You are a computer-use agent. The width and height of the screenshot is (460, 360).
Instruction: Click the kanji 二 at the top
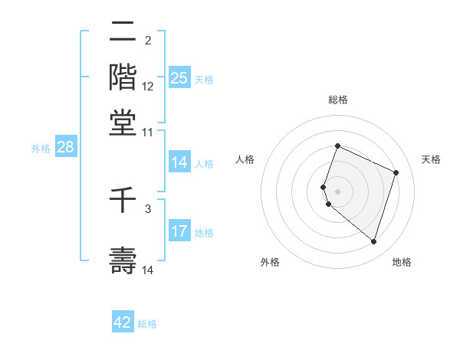pyautogui.click(x=123, y=33)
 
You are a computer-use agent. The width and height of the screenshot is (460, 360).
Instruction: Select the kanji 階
pyautogui.click(x=123, y=77)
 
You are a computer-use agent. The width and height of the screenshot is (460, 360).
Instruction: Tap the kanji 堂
pyautogui.click(x=123, y=122)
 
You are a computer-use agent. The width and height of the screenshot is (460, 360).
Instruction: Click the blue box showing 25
pyautogui.click(x=179, y=78)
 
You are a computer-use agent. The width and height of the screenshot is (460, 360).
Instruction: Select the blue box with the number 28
pyautogui.click(x=65, y=148)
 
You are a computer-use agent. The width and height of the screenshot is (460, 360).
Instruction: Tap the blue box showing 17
pyautogui.click(x=179, y=231)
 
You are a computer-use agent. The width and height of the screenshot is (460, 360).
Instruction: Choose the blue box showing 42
pyautogui.click(x=123, y=323)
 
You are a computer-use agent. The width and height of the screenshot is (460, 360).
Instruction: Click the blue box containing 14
pyautogui.click(x=179, y=162)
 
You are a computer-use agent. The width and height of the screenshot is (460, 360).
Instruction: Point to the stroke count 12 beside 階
pyautogui.click(x=148, y=87)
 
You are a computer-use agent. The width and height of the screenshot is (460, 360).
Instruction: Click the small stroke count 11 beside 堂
pyautogui.click(x=148, y=132)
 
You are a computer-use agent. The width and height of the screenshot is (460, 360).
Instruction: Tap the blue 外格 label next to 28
pyautogui.click(x=41, y=149)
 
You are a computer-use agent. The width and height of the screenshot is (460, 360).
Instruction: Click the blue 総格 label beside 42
pyautogui.click(x=147, y=324)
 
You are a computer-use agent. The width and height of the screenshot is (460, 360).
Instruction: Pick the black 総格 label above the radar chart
pyautogui.click(x=337, y=100)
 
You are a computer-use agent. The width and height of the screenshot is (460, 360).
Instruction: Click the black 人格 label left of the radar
pyautogui.click(x=245, y=159)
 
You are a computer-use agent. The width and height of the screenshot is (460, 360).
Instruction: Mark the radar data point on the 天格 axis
pyautogui.click(x=396, y=172)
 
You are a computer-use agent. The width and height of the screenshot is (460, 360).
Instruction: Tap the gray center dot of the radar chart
pyautogui.click(x=337, y=191)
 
